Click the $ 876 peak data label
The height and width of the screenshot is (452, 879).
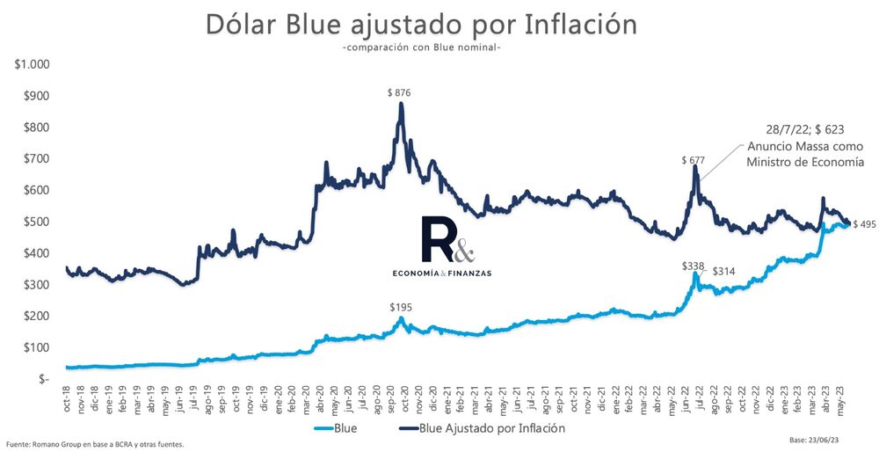399,92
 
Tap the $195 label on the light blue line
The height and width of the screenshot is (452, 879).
402,307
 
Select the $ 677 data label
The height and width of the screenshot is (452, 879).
694,161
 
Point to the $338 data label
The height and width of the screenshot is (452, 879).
694,265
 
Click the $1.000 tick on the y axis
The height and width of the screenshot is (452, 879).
33,64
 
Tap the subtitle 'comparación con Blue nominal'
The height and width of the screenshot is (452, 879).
422,47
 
